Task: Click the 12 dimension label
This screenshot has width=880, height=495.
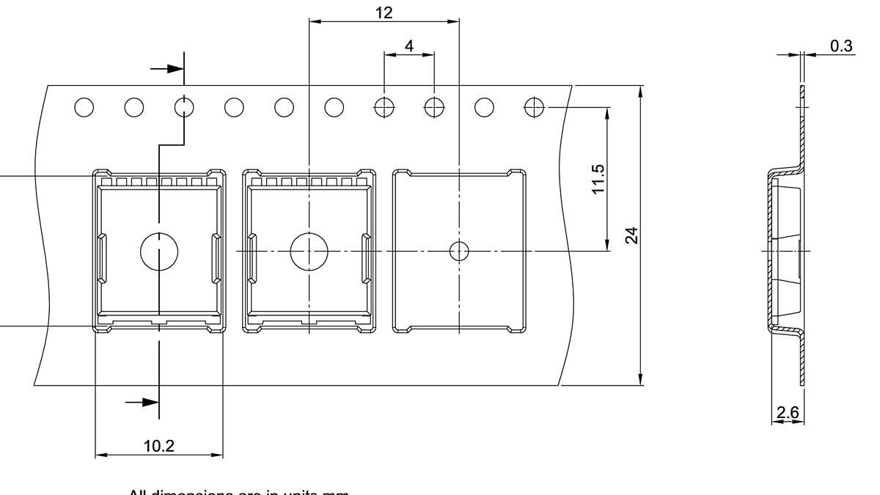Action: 383,12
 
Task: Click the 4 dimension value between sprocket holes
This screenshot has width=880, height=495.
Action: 408,45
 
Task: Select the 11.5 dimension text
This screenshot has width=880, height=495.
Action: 598,178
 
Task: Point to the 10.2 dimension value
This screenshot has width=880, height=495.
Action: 159,446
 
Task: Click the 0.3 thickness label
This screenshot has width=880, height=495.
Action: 841,46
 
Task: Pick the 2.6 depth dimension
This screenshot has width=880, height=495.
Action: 788,412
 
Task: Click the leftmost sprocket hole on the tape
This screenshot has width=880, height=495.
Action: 84,107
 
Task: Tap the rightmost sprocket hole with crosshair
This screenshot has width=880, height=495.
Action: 534,107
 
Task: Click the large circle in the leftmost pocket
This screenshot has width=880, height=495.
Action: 159,251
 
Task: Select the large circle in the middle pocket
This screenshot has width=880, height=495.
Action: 309,251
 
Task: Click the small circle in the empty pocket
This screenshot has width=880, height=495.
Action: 459,251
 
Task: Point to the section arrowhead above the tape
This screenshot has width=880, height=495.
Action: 174,68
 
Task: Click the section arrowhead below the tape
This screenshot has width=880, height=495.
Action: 150,402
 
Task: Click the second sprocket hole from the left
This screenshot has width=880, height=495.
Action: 133,107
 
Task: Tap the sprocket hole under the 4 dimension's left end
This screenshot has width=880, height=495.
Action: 384,107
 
